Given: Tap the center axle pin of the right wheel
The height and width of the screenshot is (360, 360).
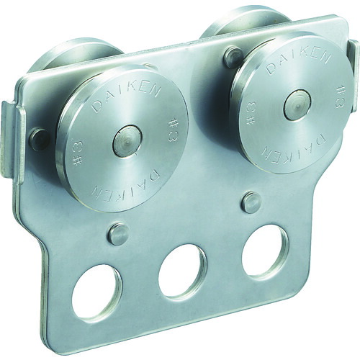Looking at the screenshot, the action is pyautogui.click(x=297, y=105).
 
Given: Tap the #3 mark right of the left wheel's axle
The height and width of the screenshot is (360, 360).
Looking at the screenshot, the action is pyautogui.click(x=171, y=131).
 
